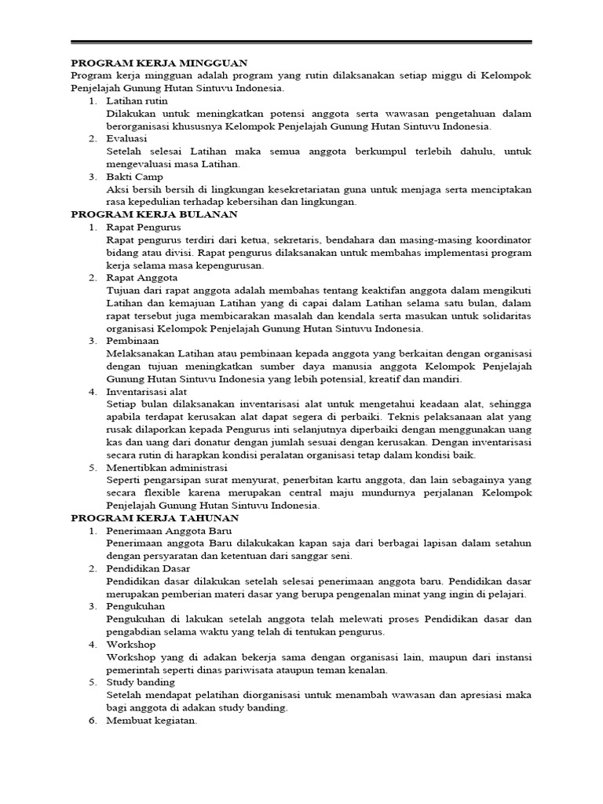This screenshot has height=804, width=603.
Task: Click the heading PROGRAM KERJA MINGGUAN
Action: [159, 63]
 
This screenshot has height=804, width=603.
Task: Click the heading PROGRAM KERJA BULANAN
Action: [155, 214]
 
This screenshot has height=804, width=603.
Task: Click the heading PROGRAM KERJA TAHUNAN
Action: [155, 518]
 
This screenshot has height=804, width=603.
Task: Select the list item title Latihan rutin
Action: [137, 101]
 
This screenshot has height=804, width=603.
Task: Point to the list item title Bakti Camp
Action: [135, 177]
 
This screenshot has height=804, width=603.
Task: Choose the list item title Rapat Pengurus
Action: [144, 227]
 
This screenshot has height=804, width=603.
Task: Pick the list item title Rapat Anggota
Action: [142, 277]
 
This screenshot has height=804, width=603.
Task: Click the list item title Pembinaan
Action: [133, 341]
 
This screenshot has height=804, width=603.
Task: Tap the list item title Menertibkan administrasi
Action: [163, 467]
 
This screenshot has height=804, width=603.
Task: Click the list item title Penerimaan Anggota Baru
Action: [166, 531]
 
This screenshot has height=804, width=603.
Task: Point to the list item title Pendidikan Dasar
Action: [148, 568]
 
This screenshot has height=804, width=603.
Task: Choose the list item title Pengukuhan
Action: [136, 606]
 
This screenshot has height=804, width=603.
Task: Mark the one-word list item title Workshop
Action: [131, 644]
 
